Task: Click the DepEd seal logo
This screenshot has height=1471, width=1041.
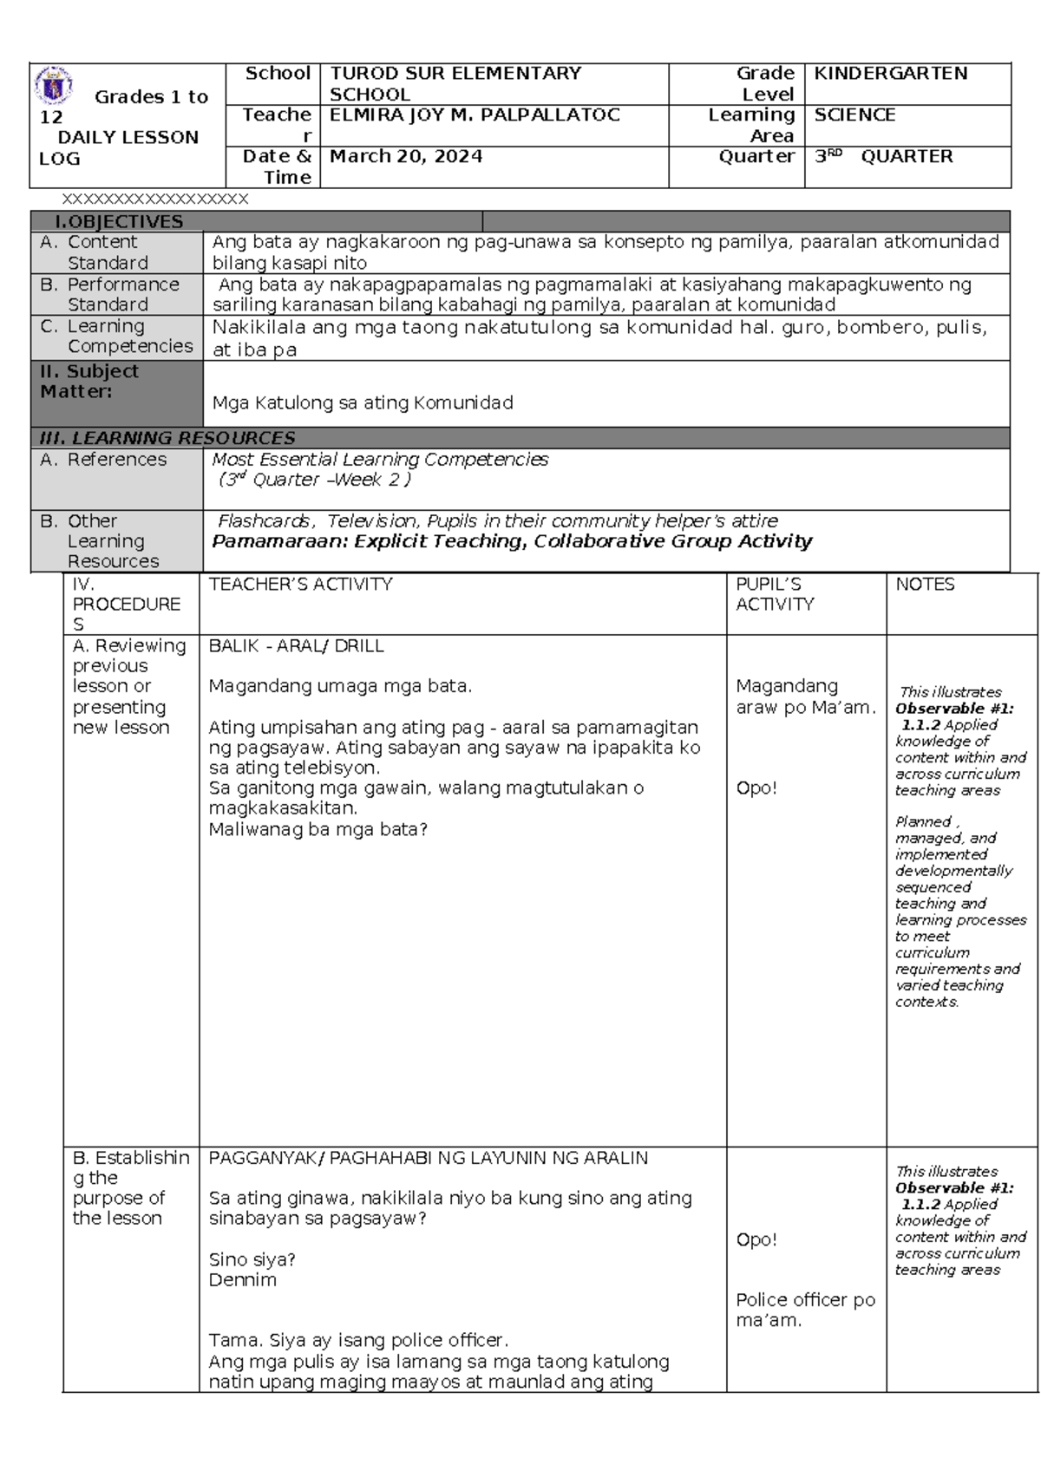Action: pyautogui.click(x=53, y=86)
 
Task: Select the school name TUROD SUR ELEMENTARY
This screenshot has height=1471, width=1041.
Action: pyautogui.click(x=455, y=74)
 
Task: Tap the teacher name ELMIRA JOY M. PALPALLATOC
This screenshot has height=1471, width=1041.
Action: pyautogui.click(x=474, y=115)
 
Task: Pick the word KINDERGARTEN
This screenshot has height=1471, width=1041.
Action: pyautogui.click(x=890, y=74)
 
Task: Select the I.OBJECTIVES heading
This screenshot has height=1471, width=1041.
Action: pyautogui.click(x=119, y=222)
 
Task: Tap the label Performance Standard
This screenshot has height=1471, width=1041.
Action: pyautogui.click(x=122, y=295)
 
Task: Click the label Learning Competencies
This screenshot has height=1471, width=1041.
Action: pyautogui.click(x=129, y=337)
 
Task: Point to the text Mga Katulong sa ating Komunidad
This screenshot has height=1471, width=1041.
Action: pyautogui.click(x=363, y=403)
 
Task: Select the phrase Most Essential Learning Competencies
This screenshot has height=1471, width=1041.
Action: pyautogui.click(x=380, y=460)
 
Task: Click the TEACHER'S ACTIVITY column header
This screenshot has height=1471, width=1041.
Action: pyautogui.click(x=300, y=585)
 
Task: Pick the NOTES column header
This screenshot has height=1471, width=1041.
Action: pyautogui.click(x=925, y=585)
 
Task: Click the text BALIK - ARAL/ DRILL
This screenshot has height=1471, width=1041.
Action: pyautogui.click(x=296, y=646)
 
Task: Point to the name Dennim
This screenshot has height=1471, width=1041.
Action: pyautogui.click(x=242, y=1280)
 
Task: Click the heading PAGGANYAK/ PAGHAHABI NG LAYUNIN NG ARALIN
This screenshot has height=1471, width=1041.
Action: pyautogui.click(x=428, y=1158)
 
